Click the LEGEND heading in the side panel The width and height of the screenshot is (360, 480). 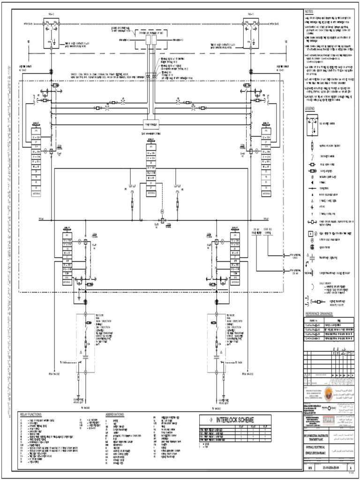click(310, 109)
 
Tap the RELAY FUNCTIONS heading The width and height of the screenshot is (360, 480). click(31, 415)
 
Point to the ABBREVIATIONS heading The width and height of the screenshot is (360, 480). click(115, 415)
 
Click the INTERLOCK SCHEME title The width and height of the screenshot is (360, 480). click(235, 420)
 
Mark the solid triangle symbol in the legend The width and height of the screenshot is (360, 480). click(311, 193)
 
